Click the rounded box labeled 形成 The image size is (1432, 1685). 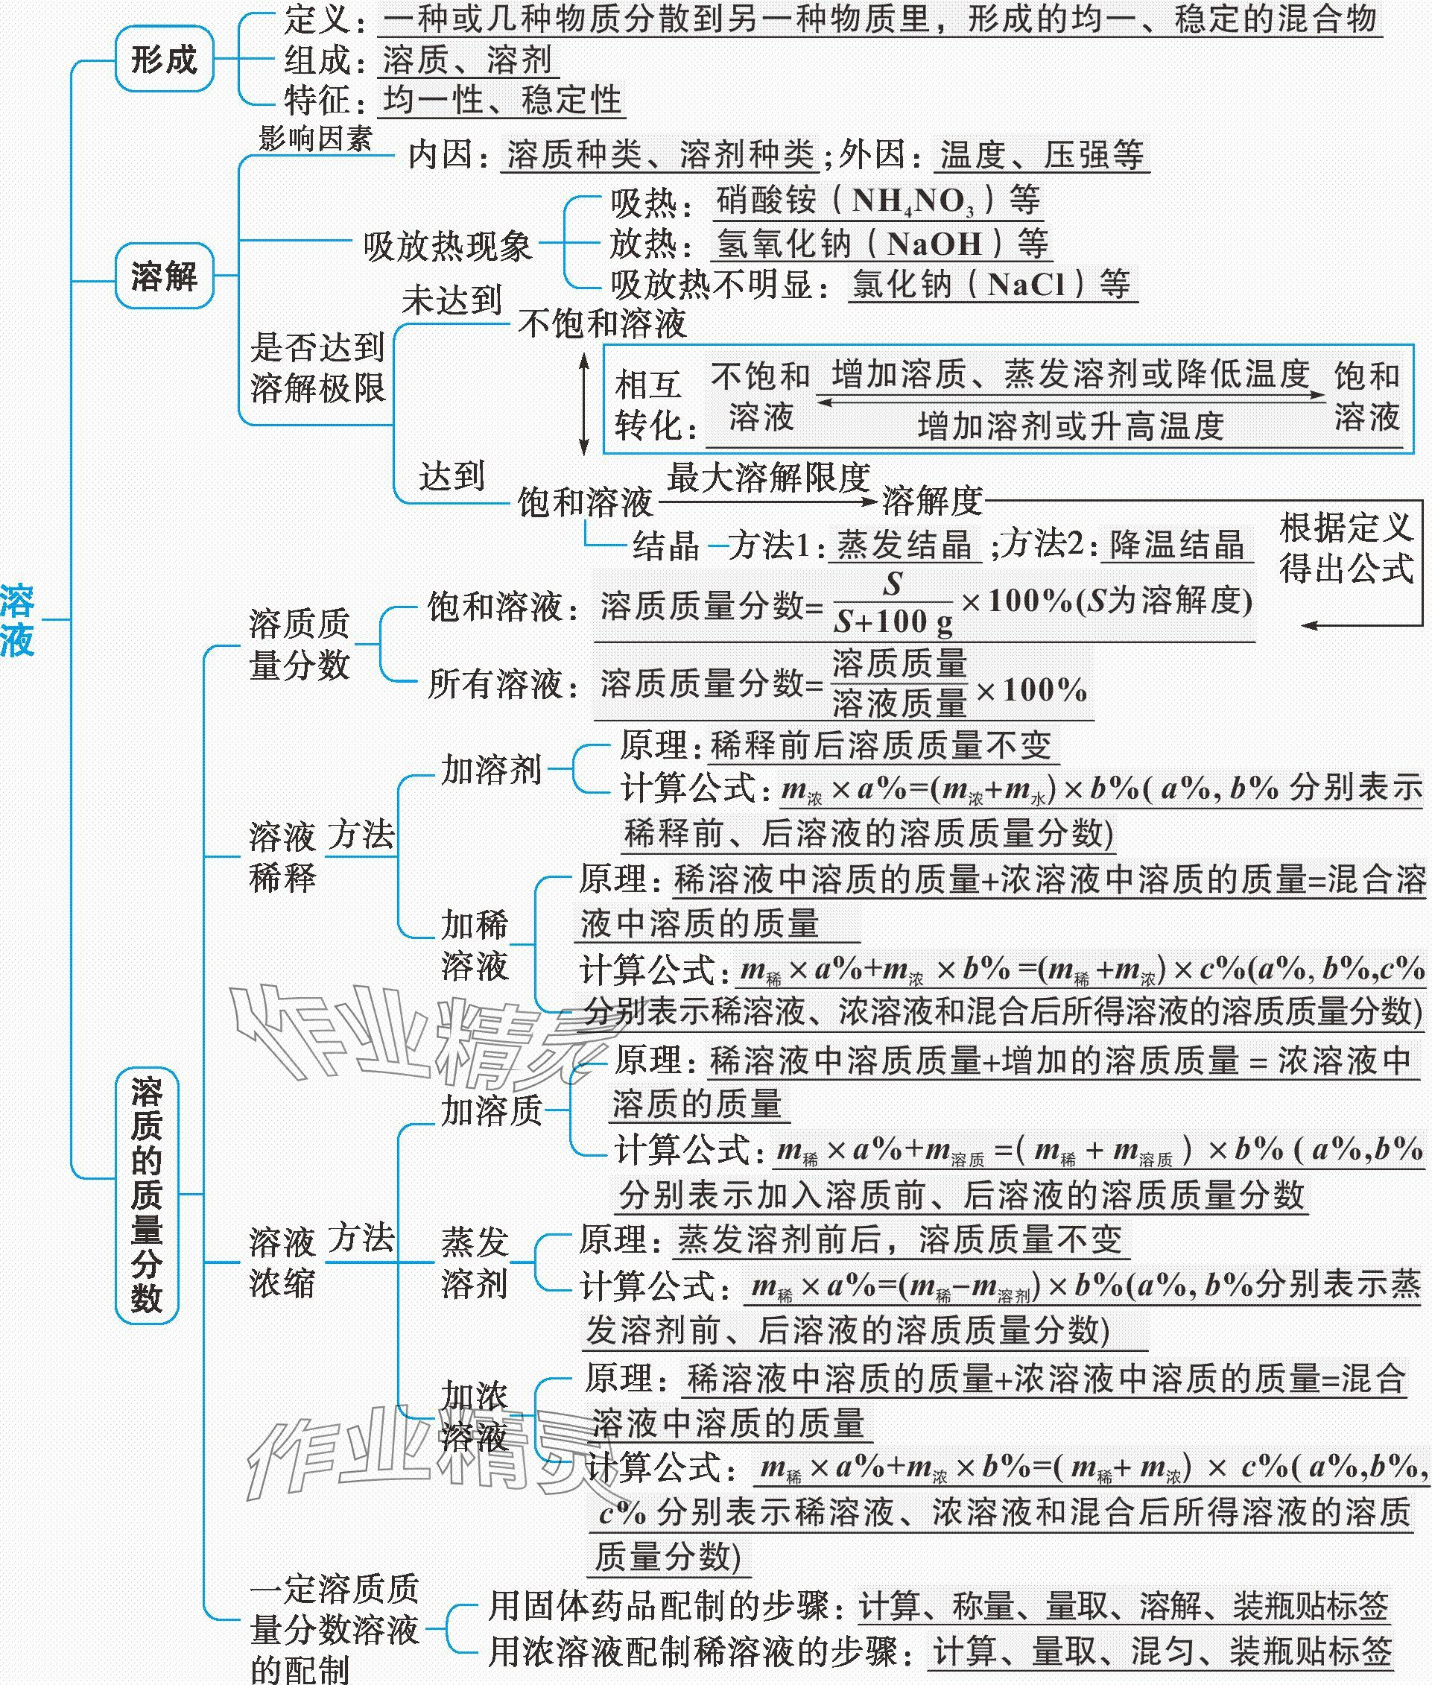pos(164,58)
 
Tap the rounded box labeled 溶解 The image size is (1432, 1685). pos(164,276)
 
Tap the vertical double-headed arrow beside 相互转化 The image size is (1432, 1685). pos(583,404)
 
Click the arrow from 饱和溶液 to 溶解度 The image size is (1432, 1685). pos(767,502)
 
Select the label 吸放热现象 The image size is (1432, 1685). pos(447,244)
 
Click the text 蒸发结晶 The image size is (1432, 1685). pos(904,545)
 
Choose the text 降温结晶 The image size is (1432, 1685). pos(1176,545)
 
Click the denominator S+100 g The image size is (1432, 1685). pos(893,622)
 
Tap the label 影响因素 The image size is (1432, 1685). pos(315,138)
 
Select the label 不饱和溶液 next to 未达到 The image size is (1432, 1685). pos(601,323)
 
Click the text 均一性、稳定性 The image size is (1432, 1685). pos(502,101)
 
